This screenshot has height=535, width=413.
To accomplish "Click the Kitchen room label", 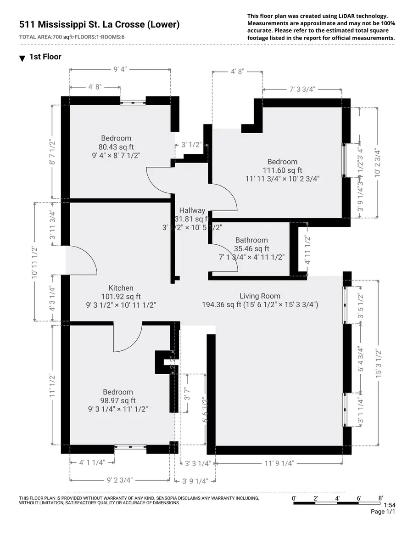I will pos(121,288).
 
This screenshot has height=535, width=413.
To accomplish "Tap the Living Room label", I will pos(260,296).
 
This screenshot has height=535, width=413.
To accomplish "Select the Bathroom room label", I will pos(251,240).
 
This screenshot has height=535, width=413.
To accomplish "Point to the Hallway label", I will pos(192,210).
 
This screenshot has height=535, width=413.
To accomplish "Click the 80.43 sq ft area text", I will pos(116,147).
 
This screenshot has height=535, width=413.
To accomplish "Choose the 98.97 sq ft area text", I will pos(118,400).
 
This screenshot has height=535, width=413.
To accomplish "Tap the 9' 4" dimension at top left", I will pos(120,69).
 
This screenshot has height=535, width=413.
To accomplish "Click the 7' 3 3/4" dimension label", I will pos(302,90).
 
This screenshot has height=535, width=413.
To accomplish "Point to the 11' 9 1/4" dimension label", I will pos(279,463).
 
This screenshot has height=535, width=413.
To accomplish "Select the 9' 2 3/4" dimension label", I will pos(120,480).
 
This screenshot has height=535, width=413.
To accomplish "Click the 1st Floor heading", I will pos(45,57).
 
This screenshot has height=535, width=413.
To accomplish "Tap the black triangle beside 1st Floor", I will pos(22,59).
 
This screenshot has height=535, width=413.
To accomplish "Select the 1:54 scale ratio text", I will pos(389,505).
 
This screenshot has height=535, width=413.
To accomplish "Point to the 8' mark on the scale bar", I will pos(381,498).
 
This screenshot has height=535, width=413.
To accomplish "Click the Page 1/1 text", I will pos(383,512).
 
